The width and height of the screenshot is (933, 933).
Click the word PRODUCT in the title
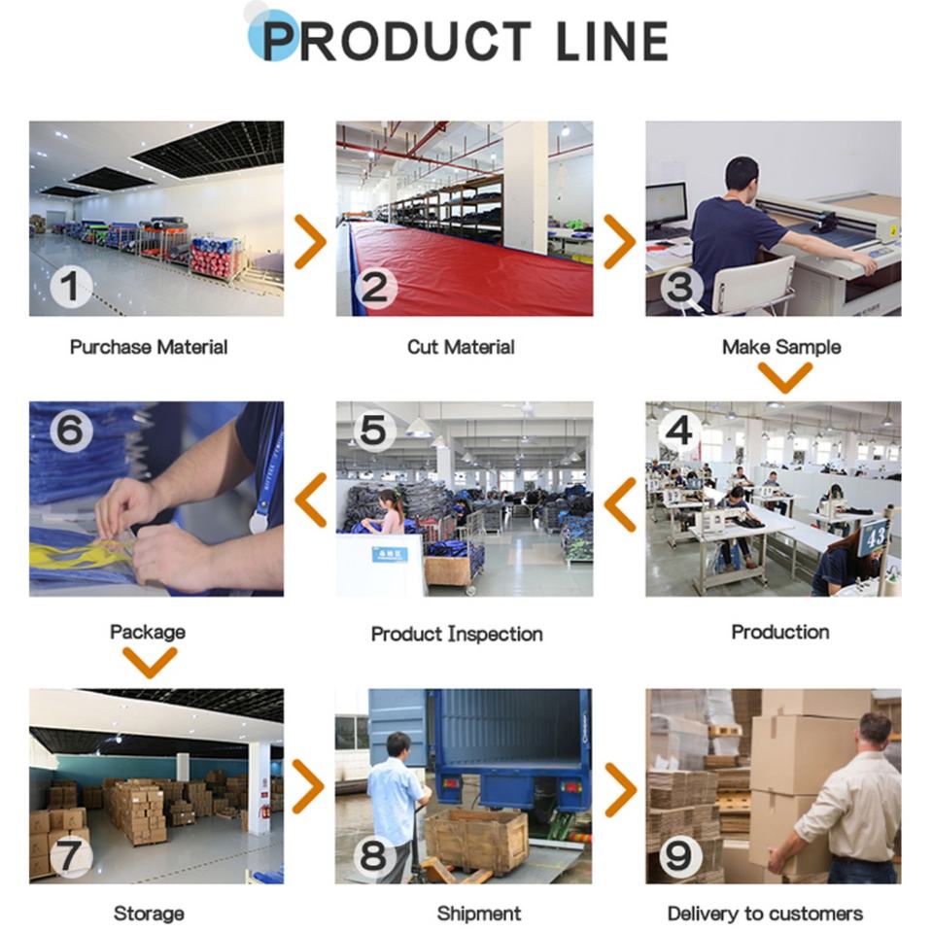tap(397, 41)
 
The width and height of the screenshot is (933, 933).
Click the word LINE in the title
tap(612, 41)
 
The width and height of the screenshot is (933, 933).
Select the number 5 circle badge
tap(375, 431)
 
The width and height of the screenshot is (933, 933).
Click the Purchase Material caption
tap(149, 347)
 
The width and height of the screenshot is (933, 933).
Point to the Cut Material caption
tap(461, 347)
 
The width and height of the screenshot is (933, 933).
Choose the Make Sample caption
tap(781, 347)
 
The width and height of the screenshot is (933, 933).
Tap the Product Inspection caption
tap(457, 634)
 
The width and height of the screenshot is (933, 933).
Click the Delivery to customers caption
tap(765, 914)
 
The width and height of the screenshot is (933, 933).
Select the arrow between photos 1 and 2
tap(310, 242)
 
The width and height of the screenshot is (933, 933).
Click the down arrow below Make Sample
tap(784, 377)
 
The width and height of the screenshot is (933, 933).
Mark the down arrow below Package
tap(150, 663)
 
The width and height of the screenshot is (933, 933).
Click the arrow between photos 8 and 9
tap(620, 788)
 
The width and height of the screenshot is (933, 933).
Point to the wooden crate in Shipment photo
tap(476, 839)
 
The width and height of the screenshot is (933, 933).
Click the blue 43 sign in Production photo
tap(874, 536)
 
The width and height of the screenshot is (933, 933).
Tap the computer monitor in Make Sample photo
tap(666, 206)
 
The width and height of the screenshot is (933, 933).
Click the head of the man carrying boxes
tap(875, 731)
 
